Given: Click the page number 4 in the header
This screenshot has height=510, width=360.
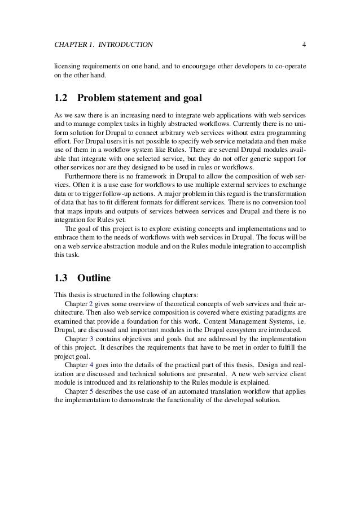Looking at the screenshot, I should (x=304, y=44).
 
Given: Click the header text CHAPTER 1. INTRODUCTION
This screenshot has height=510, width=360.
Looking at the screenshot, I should (x=103, y=44).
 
